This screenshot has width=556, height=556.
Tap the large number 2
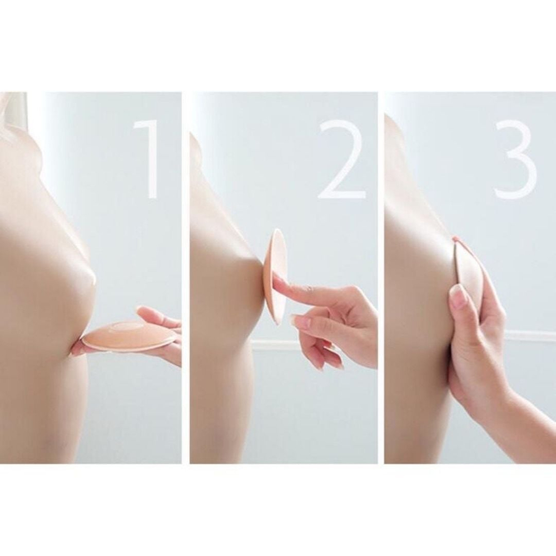pyautogui.click(x=341, y=159)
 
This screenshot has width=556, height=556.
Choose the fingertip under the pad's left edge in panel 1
pyautogui.click(x=79, y=349)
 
